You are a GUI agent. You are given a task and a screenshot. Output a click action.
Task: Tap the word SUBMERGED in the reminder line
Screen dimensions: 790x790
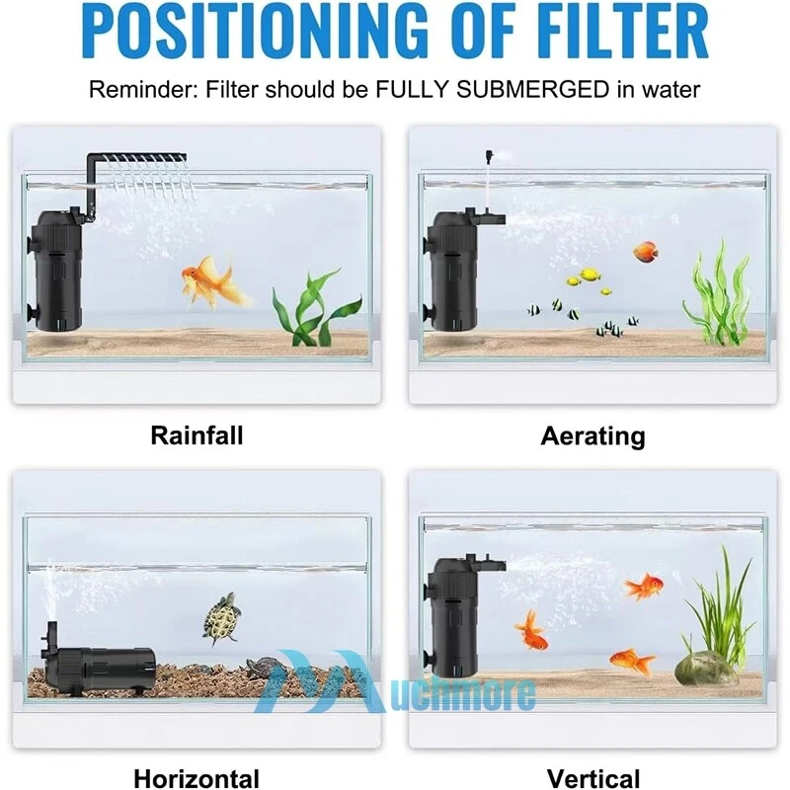(533, 90)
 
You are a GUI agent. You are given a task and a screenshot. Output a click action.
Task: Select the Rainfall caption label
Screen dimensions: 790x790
(197, 435)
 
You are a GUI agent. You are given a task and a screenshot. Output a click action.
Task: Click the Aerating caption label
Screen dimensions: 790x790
(592, 436)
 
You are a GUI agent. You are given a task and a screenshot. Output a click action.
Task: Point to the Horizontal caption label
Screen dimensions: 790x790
(197, 778)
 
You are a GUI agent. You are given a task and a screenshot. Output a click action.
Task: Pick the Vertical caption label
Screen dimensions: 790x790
(593, 778)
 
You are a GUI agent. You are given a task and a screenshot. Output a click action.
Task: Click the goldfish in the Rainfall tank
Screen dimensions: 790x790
(214, 281)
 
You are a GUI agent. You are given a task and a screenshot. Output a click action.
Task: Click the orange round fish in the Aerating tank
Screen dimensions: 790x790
(646, 252)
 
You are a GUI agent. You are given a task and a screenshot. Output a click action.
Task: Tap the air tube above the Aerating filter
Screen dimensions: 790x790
(488, 181)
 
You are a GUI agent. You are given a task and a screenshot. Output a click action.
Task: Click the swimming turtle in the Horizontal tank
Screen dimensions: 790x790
(221, 618)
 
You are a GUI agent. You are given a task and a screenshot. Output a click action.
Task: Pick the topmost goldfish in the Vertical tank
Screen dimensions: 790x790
(644, 587)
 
